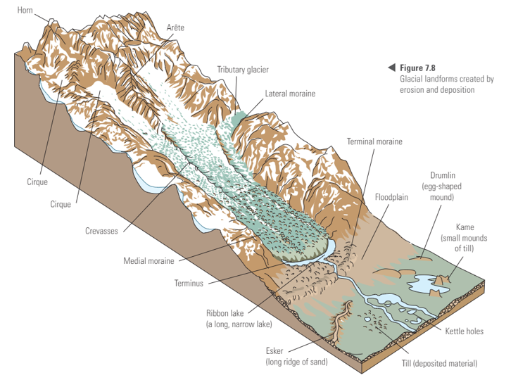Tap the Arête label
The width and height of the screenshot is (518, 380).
tap(176, 27)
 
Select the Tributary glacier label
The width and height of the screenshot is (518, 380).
tap(243, 70)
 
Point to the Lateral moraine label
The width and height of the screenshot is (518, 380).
tap(290, 93)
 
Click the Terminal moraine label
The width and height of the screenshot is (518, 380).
tap(374, 141)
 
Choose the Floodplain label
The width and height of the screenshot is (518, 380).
tap(392, 198)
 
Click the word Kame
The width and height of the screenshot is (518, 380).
tap(465, 227)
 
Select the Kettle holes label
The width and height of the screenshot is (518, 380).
tap(465, 331)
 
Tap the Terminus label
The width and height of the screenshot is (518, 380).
tap(189, 284)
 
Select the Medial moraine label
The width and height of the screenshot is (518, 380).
tap(149, 261)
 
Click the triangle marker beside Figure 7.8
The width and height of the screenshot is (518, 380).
tap(391, 68)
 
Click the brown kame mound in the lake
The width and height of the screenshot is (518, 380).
tap(442, 281)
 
